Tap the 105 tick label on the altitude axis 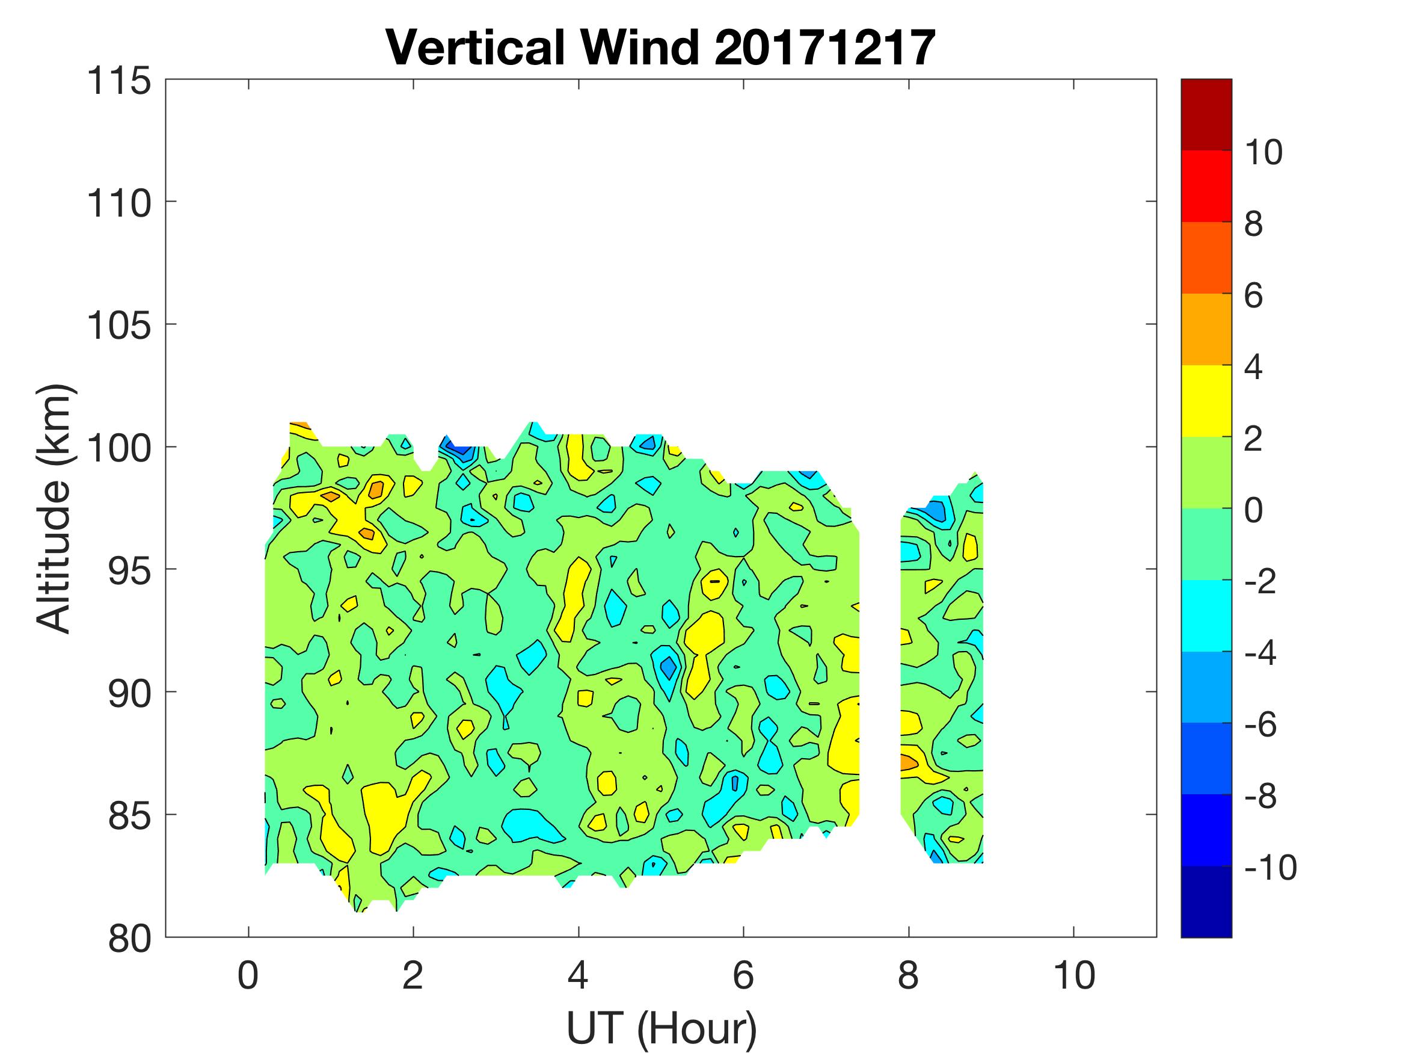coord(119,326)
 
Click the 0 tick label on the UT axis coord(248,975)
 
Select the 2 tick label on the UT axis coord(413,975)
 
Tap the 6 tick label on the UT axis coord(743,975)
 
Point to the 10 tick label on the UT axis coord(1074,975)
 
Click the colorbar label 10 coord(1263,153)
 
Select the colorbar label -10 coord(1271,868)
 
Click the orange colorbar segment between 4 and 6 coord(1206,329)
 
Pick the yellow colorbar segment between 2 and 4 coord(1206,401)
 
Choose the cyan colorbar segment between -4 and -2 coord(1206,615)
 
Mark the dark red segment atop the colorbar coord(1206,114)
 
